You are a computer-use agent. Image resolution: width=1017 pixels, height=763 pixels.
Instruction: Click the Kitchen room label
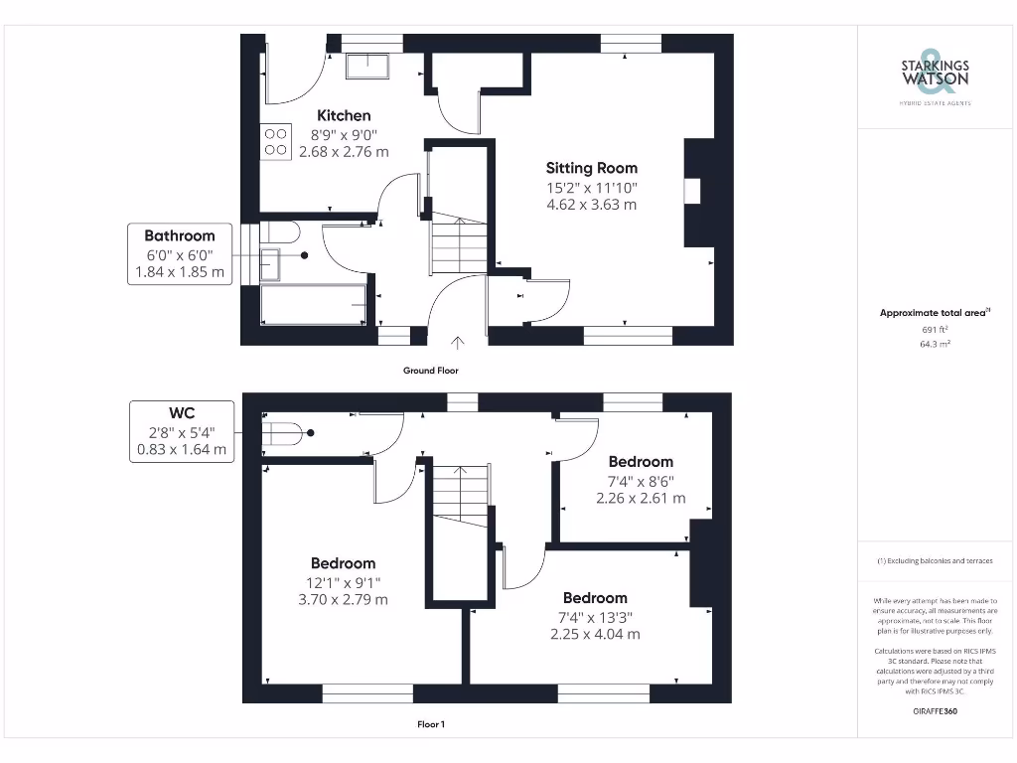[x=344, y=116]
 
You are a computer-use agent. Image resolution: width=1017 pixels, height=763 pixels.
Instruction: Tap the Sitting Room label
[x=591, y=168]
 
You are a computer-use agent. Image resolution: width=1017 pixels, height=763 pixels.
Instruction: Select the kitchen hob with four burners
[x=275, y=142]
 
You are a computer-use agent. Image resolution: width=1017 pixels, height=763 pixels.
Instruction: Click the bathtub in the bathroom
[x=313, y=304]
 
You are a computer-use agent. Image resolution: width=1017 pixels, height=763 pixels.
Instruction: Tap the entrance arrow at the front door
[x=457, y=344]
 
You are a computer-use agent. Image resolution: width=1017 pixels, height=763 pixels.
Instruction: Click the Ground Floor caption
[x=430, y=371]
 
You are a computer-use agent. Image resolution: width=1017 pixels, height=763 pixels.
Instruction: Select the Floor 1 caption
[x=430, y=724]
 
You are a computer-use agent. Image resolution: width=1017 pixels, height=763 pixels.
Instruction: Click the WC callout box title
[x=181, y=412]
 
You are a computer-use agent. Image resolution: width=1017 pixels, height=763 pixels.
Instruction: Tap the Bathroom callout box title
[x=180, y=235]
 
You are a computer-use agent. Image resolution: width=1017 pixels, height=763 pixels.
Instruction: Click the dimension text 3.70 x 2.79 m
[x=343, y=600]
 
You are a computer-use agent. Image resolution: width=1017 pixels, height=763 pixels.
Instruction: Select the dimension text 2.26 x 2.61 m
[x=641, y=498]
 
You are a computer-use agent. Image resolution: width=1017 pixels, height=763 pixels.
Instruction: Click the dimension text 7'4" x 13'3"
[x=595, y=617]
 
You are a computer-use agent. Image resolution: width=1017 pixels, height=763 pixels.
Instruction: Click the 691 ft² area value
[x=935, y=329]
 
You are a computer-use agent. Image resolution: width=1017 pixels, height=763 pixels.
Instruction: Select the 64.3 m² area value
[x=935, y=344]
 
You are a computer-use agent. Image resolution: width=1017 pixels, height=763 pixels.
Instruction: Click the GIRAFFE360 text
[x=935, y=711]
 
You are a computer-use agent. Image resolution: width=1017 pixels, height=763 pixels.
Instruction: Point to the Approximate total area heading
[x=935, y=313]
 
